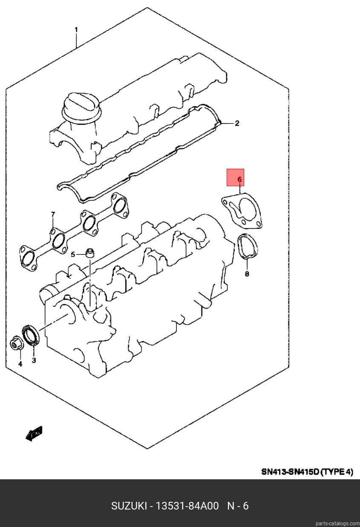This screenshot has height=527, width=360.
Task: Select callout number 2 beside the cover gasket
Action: point(237,123)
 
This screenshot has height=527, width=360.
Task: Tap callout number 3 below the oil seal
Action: point(34,360)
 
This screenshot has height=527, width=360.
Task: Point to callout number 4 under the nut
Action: point(20,364)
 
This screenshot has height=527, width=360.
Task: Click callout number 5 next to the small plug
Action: point(73,254)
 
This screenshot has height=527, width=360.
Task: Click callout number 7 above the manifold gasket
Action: point(53,215)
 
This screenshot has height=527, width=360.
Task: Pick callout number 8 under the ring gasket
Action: point(247,274)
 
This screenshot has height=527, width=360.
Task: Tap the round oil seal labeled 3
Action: point(31,335)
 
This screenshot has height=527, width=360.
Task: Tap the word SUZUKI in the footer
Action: point(129,506)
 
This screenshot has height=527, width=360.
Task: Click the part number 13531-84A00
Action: point(187,506)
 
